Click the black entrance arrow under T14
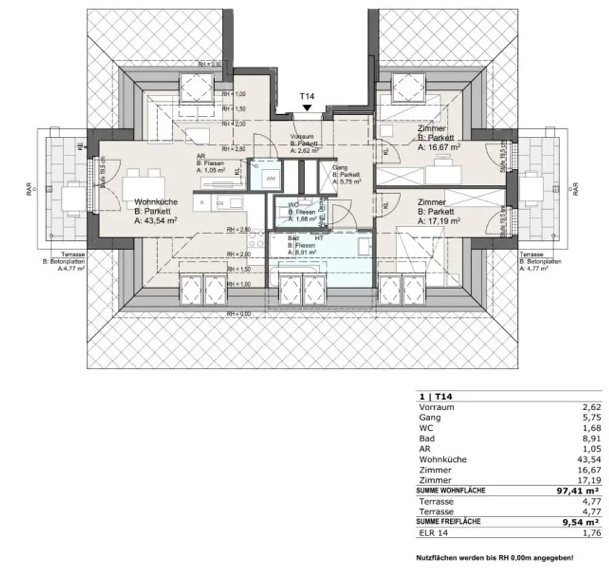306,108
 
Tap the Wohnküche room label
156,202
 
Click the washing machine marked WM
271,178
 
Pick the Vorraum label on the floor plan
301,136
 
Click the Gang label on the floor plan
340,168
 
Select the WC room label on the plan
292,205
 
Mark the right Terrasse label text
530,254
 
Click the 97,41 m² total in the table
575,491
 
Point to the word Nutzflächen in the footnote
434,558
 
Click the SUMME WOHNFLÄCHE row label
453,491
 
